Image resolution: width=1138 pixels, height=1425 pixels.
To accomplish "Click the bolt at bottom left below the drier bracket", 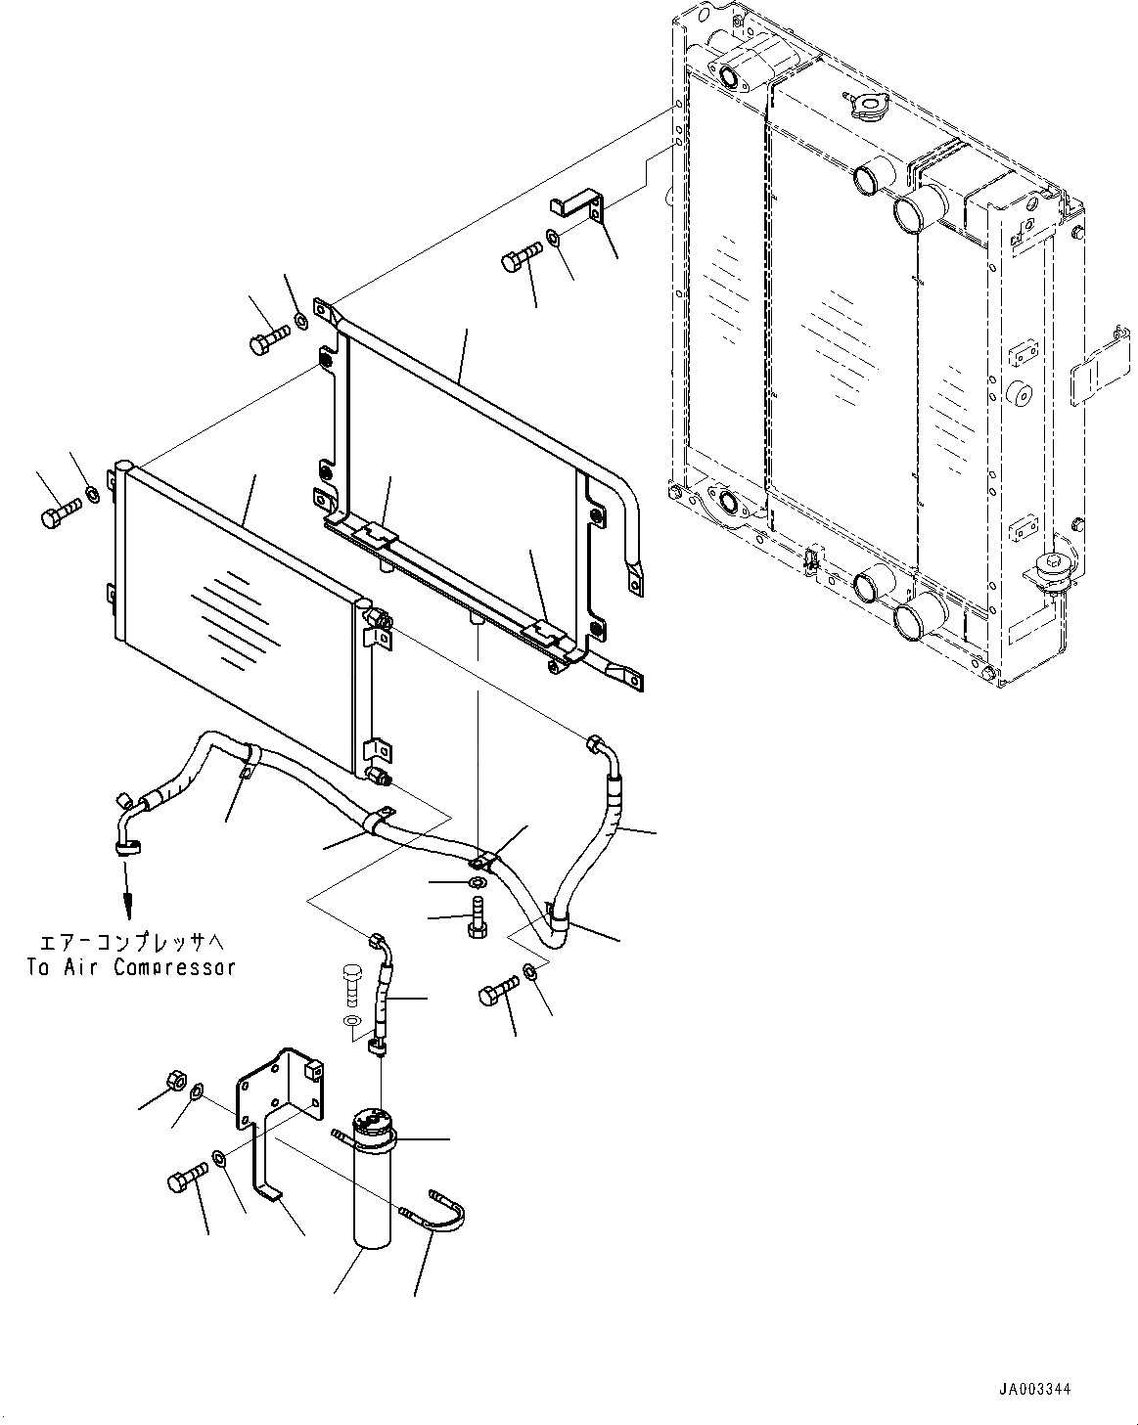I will click(186, 1180).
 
